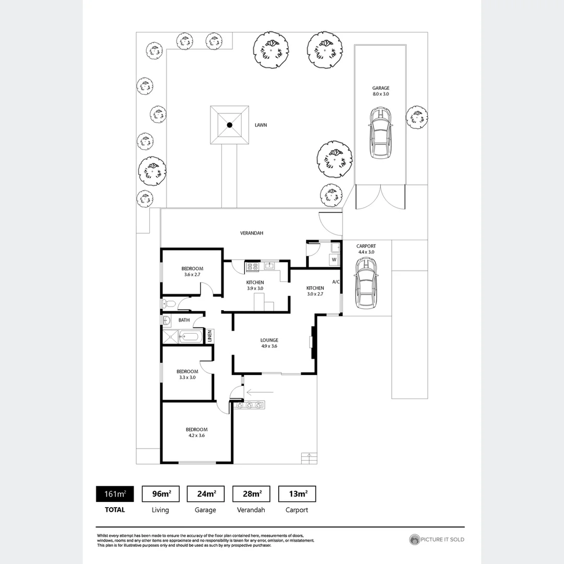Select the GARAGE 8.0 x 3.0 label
click(380, 91)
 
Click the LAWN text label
click(261, 125)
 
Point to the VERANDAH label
click(251, 233)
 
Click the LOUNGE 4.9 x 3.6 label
click(269, 343)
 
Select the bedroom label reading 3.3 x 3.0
click(186, 374)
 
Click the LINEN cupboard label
click(209, 336)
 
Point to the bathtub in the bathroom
click(190, 337)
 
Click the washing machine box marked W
click(334, 260)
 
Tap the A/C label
click(336, 282)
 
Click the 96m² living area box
click(160, 494)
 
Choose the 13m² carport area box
click(297, 494)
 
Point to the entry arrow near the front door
click(260, 391)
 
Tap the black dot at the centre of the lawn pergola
click(229, 125)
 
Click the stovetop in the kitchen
click(252, 266)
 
